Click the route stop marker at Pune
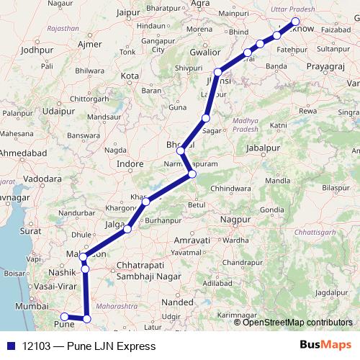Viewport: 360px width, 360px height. point(63,316)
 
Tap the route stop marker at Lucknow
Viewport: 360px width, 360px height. point(295,21)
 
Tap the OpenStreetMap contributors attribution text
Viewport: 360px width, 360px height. point(297,322)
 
